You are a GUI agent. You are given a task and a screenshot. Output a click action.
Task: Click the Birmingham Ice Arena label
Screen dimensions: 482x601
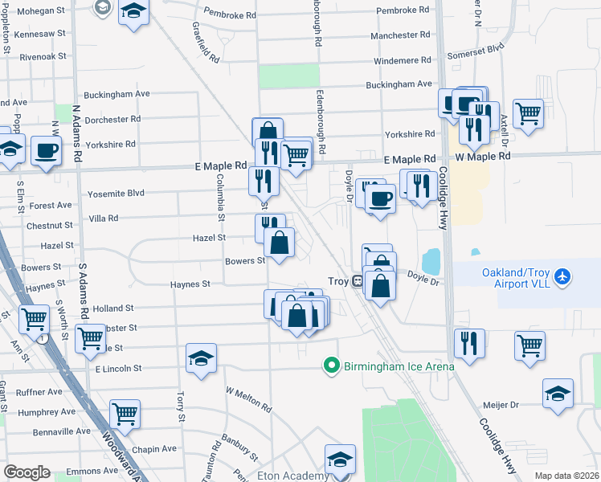(x=399, y=366)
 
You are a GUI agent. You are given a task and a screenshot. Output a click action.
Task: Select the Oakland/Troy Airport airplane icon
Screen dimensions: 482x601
(x=562, y=277)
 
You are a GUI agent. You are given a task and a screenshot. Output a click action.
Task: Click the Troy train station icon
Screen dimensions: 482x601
(x=358, y=281)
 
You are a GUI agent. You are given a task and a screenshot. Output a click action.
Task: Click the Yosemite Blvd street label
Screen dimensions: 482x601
(x=119, y=194)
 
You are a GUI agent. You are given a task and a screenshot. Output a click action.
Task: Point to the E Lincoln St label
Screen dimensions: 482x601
(x=118, y=368)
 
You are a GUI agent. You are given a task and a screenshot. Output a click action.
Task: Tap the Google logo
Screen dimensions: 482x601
(x=27, y=472)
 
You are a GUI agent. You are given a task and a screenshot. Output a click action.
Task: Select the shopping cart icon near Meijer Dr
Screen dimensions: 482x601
(x=529, y=345)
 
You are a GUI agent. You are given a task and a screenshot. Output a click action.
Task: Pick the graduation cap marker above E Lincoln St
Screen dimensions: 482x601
(x=201, y=357)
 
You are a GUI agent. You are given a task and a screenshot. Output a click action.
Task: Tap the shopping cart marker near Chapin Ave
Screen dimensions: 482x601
(x=125, y=414)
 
